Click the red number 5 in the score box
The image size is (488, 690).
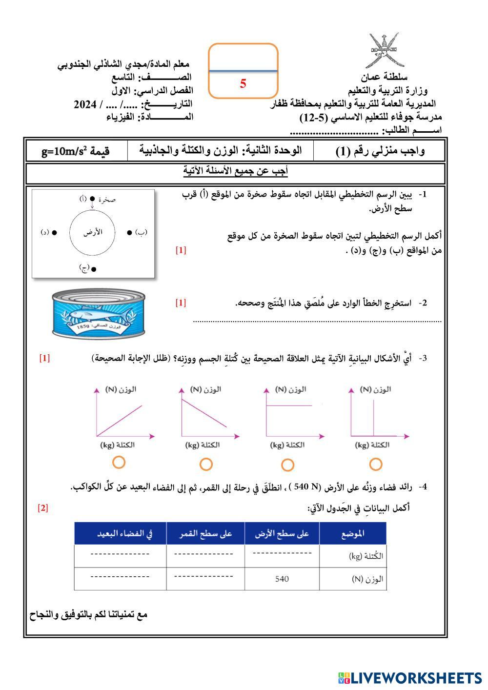coord(243,83)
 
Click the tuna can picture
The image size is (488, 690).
coord(99,312)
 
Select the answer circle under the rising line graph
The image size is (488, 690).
coord(119,462)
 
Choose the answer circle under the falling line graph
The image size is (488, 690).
coord(206,464)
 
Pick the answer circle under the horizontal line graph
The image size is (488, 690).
coord(288,465)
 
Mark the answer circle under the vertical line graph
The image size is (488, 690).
coord(375,464)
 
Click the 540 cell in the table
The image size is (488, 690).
coord(282,579)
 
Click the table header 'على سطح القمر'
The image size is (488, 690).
coord(205,534)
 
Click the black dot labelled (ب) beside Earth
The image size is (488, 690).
coord(129,232)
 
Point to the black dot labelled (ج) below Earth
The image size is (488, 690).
coord(94,268)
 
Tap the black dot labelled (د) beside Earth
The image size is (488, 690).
coord(55,232)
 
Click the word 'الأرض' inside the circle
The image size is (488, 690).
coord(93,232)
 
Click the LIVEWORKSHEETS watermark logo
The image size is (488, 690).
coord(409,677)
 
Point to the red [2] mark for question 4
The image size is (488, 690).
coord(43,508)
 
